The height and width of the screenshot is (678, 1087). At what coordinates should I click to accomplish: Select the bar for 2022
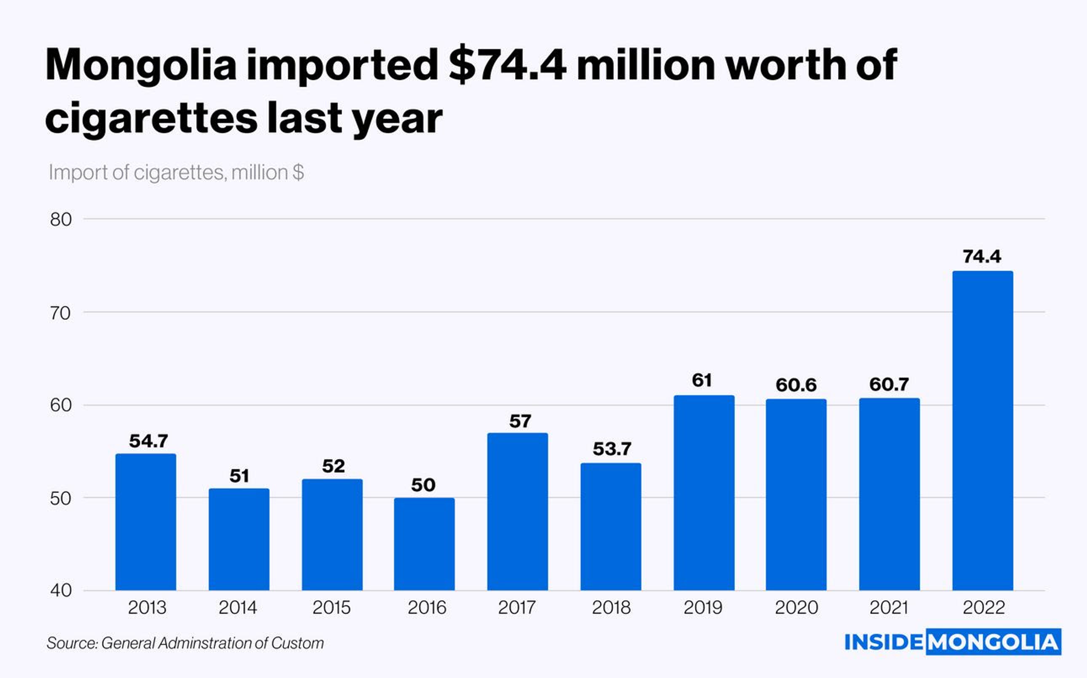983,431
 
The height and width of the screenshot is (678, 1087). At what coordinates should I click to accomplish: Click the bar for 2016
424,544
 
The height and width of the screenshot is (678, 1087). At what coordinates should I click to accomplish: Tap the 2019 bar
704,493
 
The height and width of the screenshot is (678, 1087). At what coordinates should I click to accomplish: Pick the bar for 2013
146,522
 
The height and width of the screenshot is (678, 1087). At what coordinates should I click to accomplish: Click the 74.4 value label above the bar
982,256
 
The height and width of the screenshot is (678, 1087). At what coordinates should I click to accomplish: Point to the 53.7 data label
612,449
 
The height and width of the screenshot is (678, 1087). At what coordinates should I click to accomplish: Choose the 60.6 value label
796,385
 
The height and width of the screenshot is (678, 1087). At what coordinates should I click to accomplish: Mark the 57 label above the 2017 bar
520,421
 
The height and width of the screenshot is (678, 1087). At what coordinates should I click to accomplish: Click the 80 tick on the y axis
60,220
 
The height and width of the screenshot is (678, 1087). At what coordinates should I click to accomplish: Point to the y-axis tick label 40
60,590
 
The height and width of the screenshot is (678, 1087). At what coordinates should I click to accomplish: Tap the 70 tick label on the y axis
60,313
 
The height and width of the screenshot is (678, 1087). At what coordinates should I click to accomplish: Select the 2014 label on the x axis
238,607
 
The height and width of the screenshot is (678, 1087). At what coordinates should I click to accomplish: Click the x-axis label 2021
889,607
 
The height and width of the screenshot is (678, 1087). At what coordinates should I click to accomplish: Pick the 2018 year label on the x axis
611,607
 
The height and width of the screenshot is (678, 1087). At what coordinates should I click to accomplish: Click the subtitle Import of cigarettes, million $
176,173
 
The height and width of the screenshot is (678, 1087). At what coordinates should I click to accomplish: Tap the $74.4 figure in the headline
507,65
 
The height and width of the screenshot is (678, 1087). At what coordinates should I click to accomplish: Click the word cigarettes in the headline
151,118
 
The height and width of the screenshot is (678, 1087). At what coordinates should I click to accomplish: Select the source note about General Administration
185,643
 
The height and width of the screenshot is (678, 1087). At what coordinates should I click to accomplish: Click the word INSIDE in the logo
883,642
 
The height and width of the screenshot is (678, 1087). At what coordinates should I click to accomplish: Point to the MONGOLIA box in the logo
993,642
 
